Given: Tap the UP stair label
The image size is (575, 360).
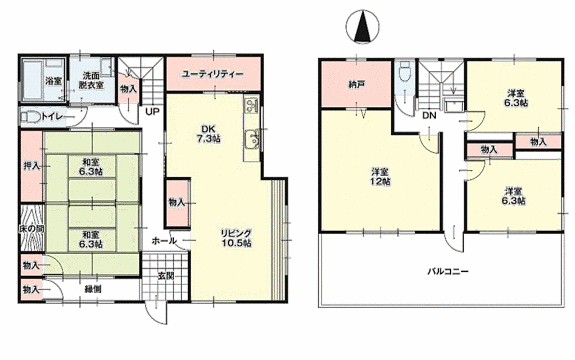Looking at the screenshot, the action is [x=152, y=111].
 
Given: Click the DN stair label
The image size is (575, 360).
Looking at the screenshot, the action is [x=429, y=116].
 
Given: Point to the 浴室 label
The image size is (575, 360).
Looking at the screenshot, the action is [x=53, y=81].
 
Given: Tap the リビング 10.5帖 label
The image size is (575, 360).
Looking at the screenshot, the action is [x=236, y=237].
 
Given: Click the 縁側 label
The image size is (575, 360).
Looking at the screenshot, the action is [x=93, y=289].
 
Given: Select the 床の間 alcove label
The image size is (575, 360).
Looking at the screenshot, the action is [x=31, y=229].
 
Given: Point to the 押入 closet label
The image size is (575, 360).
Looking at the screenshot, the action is [x=31, y=166].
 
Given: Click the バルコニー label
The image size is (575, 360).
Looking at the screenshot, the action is [x=448, y=272].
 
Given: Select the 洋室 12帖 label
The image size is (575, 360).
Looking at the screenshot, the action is [x=381, y=176].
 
